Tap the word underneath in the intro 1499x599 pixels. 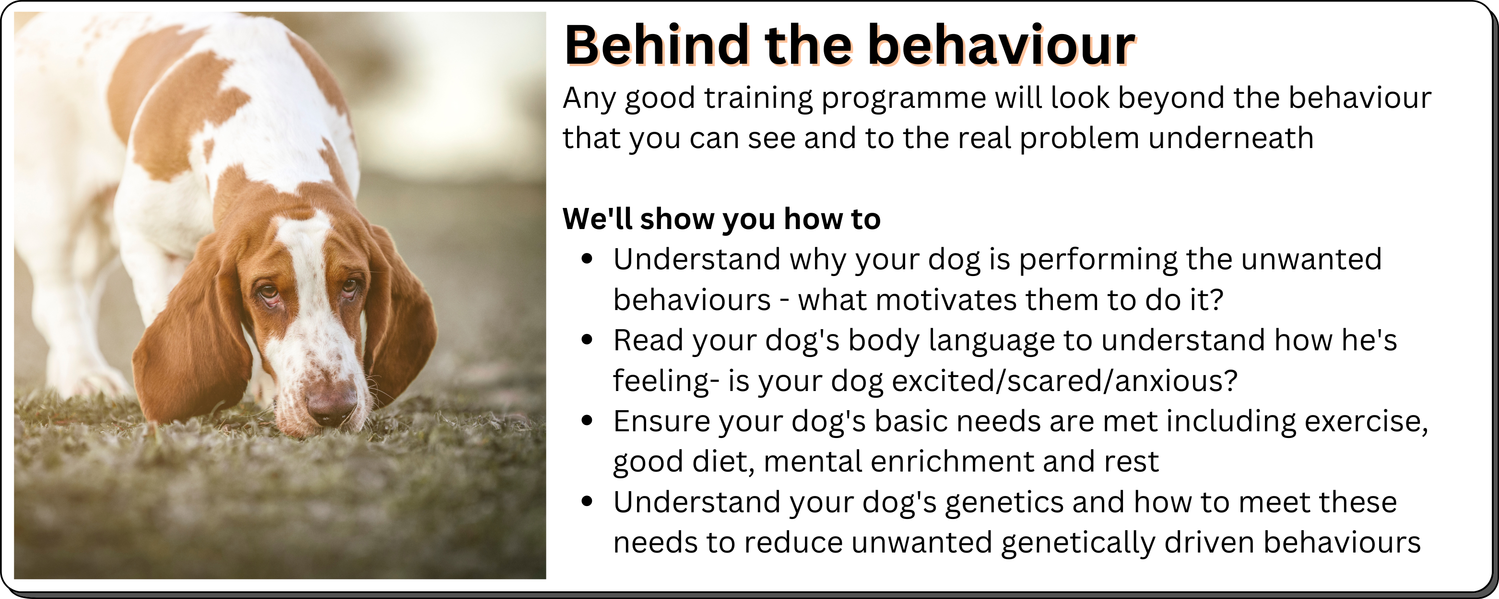(1231, 138)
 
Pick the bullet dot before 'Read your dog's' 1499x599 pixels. (587, 340)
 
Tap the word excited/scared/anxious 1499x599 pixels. (1064, 381)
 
